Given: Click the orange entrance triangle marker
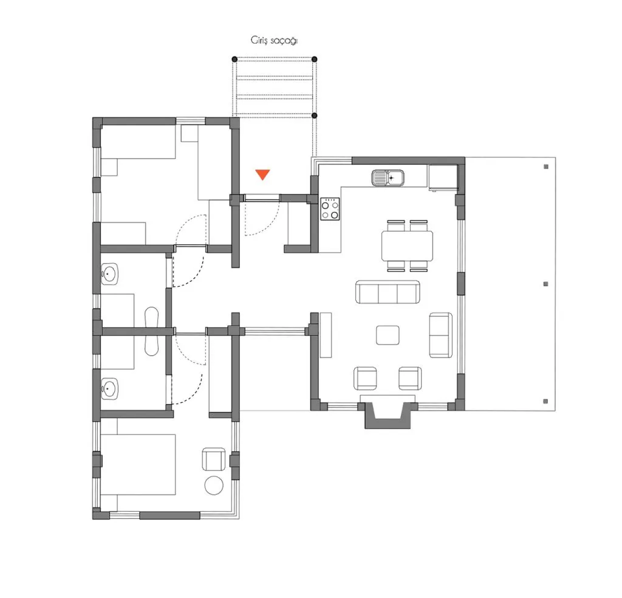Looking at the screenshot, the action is tap(262, 174).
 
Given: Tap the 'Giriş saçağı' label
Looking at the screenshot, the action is tap(274, 41).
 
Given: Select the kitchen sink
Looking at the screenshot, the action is tap(388, 178).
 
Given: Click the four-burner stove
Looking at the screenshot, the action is tap(330, 209).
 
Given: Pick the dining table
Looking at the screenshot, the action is tap(407, 246).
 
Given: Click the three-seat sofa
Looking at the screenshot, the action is tap(387, 292).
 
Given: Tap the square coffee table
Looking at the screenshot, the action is tap(388, 335).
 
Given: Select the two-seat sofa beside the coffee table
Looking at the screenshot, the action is tap(441, 335).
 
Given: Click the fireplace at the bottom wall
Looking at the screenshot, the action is tap(388, 415).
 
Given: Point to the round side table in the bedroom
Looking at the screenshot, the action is tap(214, 486).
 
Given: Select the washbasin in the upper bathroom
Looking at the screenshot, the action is tap(109, 274).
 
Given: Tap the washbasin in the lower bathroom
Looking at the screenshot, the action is tap(109, 388).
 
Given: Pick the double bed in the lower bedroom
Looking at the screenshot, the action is tap(138, 464).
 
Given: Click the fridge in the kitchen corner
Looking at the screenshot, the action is tap(443, 177).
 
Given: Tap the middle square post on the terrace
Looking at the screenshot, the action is tap(546, 284).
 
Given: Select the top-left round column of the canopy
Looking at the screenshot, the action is tap(234, 59).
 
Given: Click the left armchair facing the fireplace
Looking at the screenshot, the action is tap(365, 378).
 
